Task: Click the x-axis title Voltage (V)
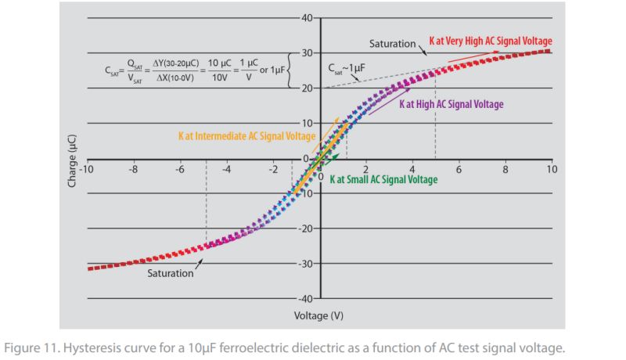(318, 316)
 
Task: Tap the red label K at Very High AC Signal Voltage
(491, 41)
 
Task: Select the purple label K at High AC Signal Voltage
(452, 103)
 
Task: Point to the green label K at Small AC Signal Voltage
(383, 179)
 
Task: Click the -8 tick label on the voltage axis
(135, 169)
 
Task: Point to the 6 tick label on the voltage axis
(459, 169)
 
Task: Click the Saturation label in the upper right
(392, 44)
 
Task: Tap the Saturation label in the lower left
(171, 273)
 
